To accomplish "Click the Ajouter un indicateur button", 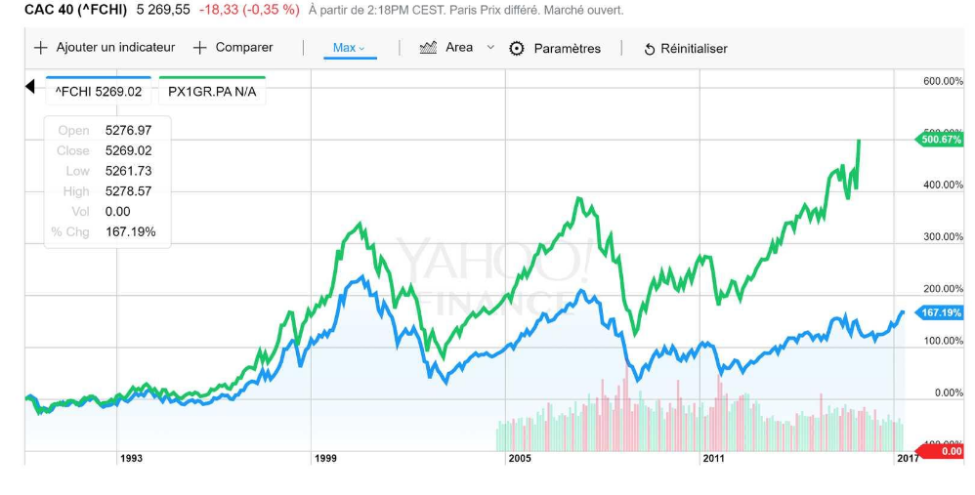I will click(105, 48).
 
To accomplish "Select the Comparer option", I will click(233, 48).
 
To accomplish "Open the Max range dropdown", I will click(349, 48).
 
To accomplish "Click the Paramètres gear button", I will click(556, 49).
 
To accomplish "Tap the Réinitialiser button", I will click(685, 49).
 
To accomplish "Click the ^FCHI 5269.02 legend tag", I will click(99, 92).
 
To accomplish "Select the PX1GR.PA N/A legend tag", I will click(212, 92).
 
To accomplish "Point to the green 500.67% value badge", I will click(941, 140).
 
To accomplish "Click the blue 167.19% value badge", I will click(941, 312).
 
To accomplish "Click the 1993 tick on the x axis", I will click(131, 458).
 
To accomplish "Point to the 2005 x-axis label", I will click(519, 458).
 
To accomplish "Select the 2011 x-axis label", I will click(713, 458).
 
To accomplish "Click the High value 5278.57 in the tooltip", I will click(128, 191).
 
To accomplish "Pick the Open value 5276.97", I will click(128, 130).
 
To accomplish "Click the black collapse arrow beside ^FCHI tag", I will click(30, 88).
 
